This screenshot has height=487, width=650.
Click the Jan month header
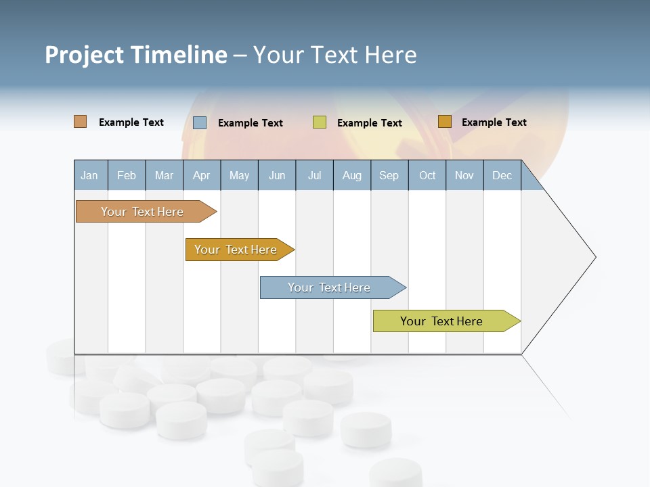pos(89,175)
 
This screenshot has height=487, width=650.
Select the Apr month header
pos(201,175)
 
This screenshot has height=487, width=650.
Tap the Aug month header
pos(351,175)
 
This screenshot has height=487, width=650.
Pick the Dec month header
pos(502,175)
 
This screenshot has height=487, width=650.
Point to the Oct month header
pos(427,175)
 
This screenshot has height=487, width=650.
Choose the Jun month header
pos(277,175)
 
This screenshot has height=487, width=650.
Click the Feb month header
pos(127,175)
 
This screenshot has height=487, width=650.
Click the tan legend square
pos(80,122)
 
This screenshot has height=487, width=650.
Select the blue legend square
pos(200,122)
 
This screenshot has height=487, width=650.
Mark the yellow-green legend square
pos(320,122)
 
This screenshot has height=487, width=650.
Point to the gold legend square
pos(445,122)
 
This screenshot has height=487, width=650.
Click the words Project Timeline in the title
pos(136,55)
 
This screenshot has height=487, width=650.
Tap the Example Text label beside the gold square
pos(494,122)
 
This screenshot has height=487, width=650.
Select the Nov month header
pos(464,175)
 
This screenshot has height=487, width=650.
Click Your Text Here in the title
pos(334,55)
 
